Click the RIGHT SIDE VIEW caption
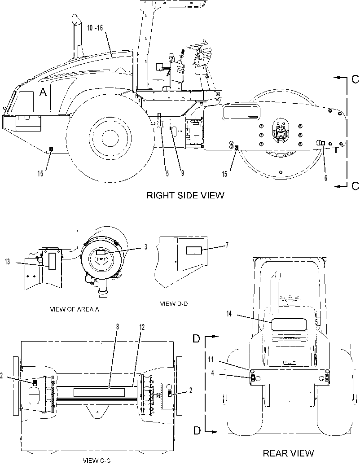pos(185,195)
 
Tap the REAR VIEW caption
pos(288,453)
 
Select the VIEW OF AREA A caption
pos(75,309)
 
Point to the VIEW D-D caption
pos(174,304)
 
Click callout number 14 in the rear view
pos(229,314)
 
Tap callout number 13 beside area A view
pos(8,262)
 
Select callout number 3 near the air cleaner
pos(145,247)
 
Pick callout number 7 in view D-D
pos(227,245)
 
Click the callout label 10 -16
pos(95,28)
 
